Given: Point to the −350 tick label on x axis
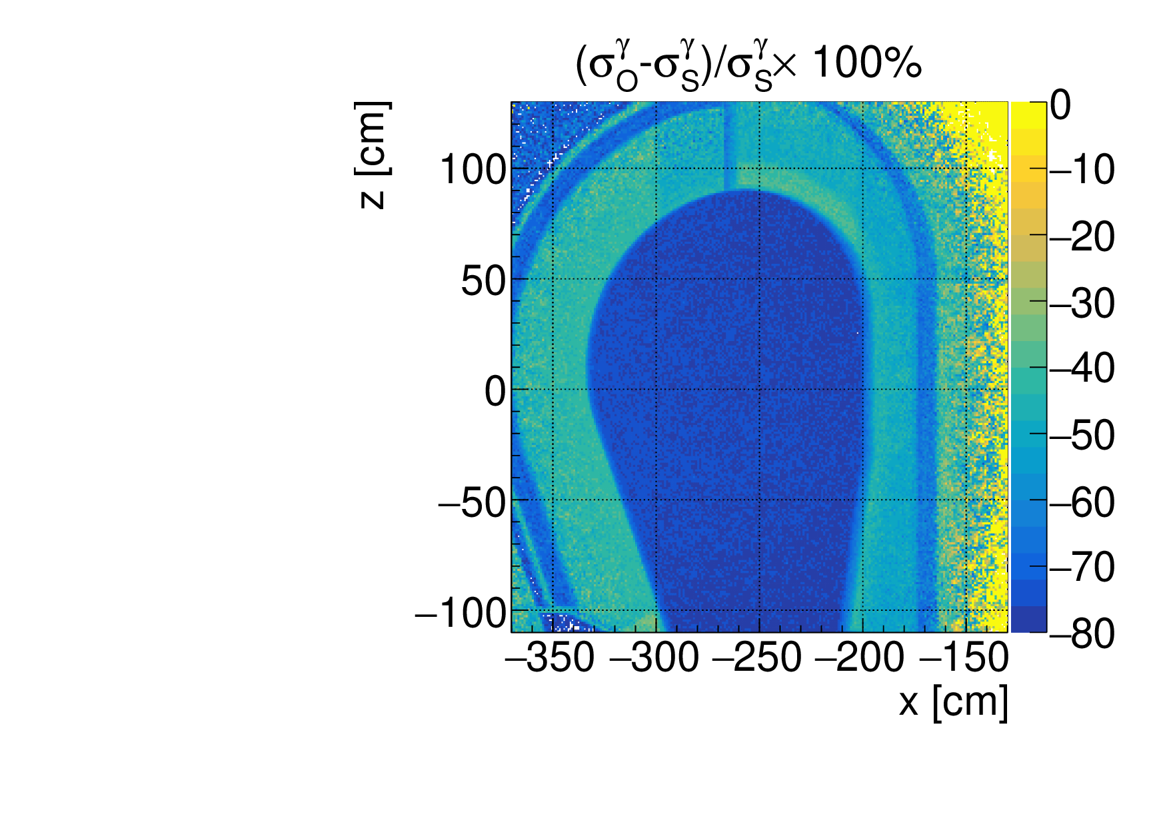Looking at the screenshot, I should point(551,659).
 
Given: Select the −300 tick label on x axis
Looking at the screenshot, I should point(654,659).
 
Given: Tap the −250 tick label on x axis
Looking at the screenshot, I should point(758,659).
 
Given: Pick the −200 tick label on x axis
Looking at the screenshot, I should point(861,659).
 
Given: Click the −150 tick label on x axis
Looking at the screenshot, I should point(964,659).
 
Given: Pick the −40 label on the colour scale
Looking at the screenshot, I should point(1082,368).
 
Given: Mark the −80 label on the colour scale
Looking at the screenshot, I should point(1082,633).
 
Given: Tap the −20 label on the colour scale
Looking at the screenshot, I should point(1082,236).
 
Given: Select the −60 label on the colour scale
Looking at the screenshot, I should point(1082,502).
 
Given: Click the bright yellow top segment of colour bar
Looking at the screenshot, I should point(1028,109).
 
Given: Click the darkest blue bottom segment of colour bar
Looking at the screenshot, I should point(1028,619).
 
